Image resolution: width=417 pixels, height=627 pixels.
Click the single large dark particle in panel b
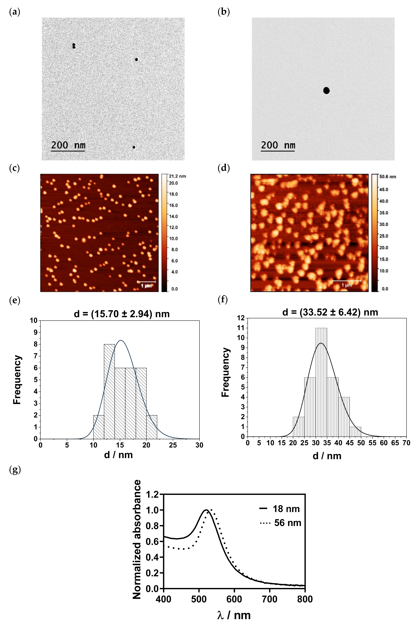pos(326,91)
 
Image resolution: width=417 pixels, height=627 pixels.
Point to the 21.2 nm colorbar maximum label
pos(177,176)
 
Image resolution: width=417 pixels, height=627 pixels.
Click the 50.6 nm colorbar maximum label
pos(387,177)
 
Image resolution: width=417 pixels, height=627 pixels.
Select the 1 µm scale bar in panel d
pos(347,281)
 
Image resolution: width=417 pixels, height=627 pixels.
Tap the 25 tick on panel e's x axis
pos(173,445)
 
